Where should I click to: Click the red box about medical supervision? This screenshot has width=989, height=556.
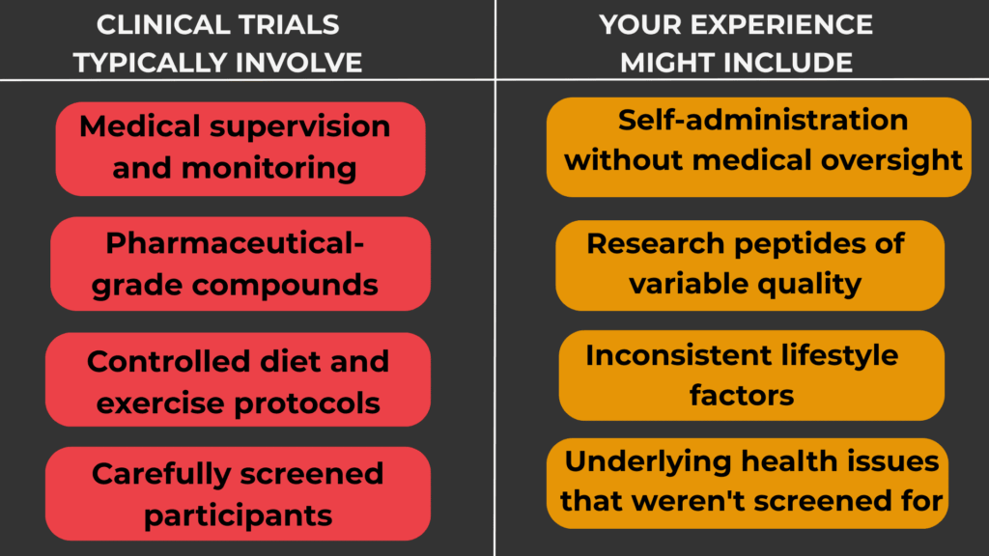point(240,149)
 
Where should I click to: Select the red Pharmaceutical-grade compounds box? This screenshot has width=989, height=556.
point(240,264)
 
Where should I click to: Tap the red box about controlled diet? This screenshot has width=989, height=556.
point(238,380)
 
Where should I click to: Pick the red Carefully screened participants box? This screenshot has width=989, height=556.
point(238,493)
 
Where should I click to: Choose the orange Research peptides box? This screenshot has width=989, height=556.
point(749,264)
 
